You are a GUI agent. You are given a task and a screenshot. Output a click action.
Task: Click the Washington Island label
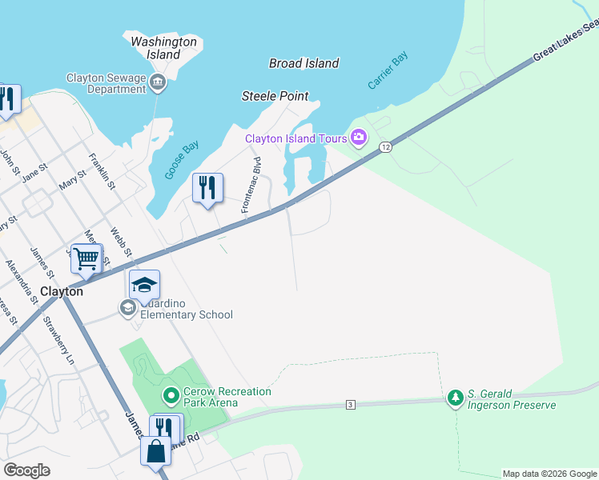point(163,48)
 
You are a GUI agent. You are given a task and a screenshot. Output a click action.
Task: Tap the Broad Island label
point(304,63)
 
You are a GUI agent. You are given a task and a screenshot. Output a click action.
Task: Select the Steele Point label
point(275,96)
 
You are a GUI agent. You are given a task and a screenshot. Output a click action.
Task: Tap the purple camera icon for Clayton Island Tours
point(358,138)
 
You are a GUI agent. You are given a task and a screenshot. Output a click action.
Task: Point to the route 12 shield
point(386,146)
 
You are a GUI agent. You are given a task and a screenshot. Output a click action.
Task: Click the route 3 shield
point(350,405)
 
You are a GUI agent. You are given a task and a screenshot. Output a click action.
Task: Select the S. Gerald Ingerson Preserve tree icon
point(455,398)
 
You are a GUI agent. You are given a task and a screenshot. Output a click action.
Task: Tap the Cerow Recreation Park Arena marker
point(170,395)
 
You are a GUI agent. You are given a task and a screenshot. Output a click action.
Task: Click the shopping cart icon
point(86,258)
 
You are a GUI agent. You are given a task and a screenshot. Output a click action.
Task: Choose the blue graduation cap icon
point(145,285)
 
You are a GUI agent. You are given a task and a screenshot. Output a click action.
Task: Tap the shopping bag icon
point(155,451)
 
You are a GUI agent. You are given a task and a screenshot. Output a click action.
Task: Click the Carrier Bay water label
point(388,70)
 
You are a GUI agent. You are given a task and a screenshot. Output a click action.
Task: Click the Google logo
point(27,470)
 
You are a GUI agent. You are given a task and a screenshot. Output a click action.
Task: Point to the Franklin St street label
point(103,171)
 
